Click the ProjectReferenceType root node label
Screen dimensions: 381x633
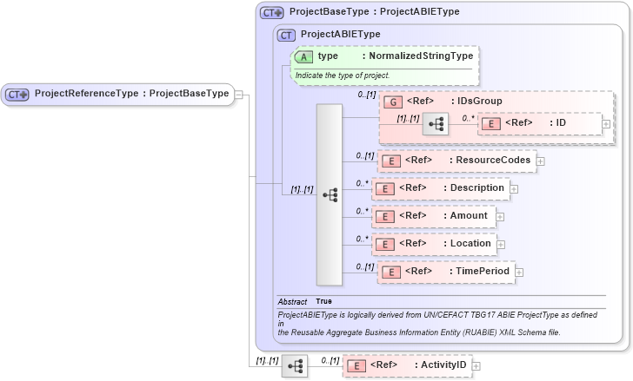point(130,94)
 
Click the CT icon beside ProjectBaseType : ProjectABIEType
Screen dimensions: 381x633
point(273,12)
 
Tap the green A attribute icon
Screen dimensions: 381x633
point(304,56)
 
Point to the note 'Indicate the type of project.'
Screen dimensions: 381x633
point(343,76)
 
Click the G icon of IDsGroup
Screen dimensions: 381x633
point(391,102)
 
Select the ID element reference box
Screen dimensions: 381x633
point(538,124)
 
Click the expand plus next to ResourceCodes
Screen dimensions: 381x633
point(541,161)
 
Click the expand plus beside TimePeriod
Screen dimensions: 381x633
point(520,273)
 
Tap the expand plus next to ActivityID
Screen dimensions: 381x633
point(476,366)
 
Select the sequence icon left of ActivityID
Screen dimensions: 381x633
point(296,366)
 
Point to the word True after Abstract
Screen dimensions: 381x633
point(323,301)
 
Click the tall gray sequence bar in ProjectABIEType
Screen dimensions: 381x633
point(330,195)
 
